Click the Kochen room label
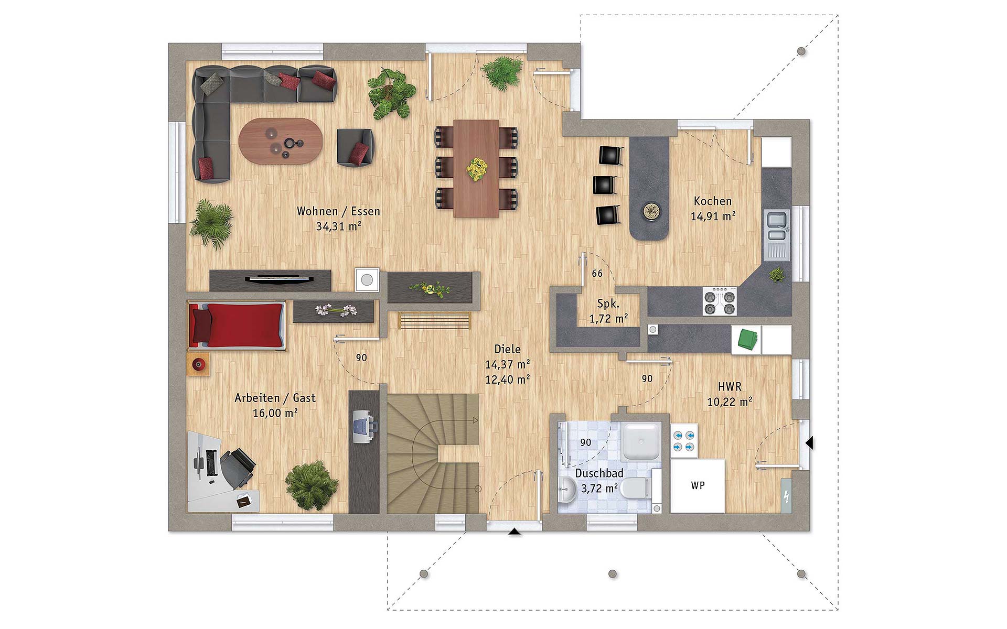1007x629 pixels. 712,201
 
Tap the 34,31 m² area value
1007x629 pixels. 338,226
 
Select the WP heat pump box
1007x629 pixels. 698,486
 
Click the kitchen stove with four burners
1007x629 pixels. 720,302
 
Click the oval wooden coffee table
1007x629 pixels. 281,141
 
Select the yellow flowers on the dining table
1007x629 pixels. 477,169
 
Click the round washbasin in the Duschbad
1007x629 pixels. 567,490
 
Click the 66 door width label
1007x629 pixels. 597,274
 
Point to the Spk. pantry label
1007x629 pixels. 608,303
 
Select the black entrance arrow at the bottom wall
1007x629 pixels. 515,532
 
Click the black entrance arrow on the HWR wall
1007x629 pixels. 809,443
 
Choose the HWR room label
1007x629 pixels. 730,387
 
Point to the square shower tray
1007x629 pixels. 642,441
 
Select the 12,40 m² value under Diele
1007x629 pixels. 507,379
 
